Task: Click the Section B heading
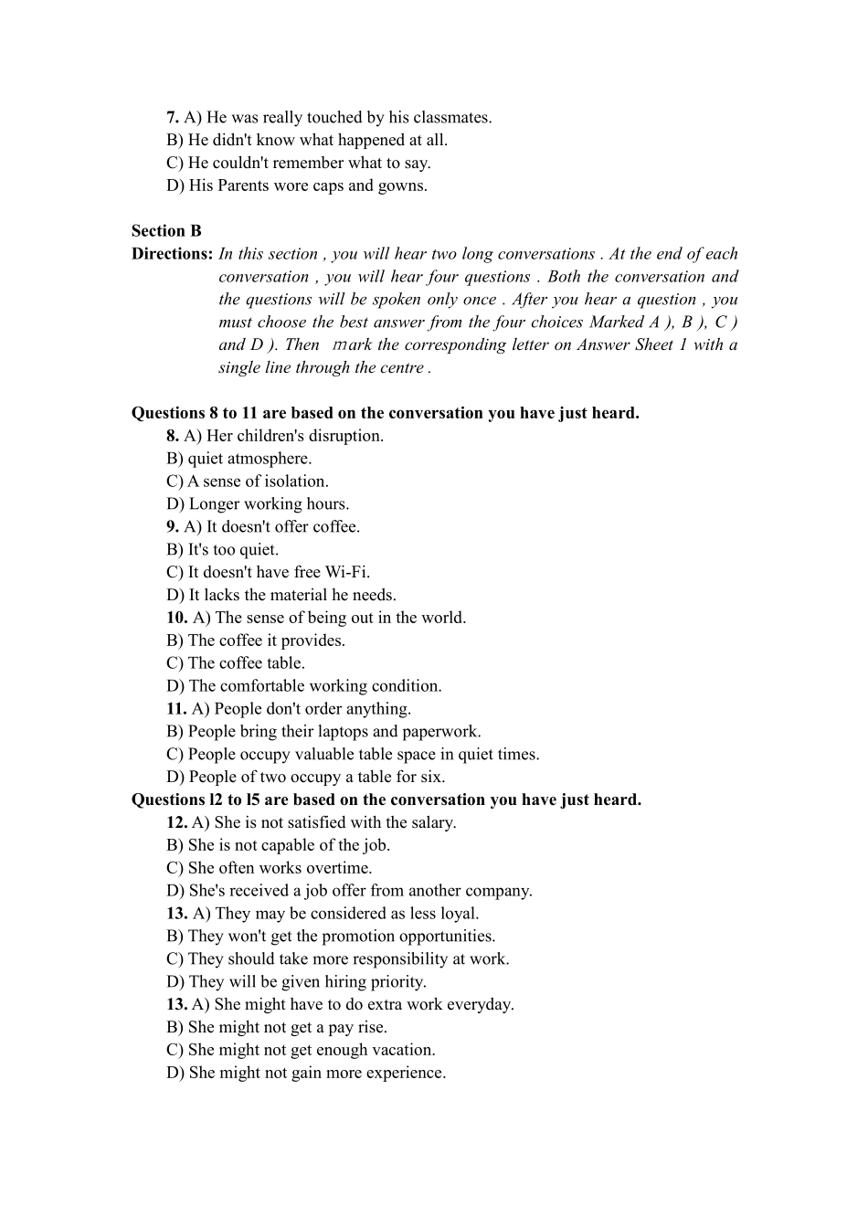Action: pyautogui.click(x=166, y=231)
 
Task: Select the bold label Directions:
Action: pyautogui.click(x=172, y=254)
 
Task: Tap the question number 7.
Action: pyautogui.click(x=173, y=117)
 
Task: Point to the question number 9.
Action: pyautogui.click(x=173, y=526)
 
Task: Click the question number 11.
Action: pyautogui.click(x=176, y=708)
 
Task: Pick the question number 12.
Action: pyautogui.click(x=176, y=822)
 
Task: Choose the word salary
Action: pyautogui.click(x=429, y=822)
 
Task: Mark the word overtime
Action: pyautogui.click(x=339, y=868)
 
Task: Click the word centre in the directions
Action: pyautogui.click(x=401, y=368)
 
